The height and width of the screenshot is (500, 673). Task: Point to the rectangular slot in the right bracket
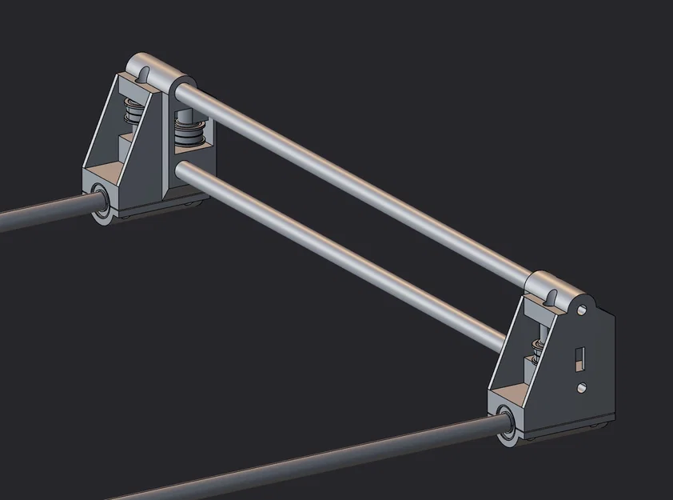tap(581, 356)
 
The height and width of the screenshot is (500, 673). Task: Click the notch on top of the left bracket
tap(144, 74)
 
